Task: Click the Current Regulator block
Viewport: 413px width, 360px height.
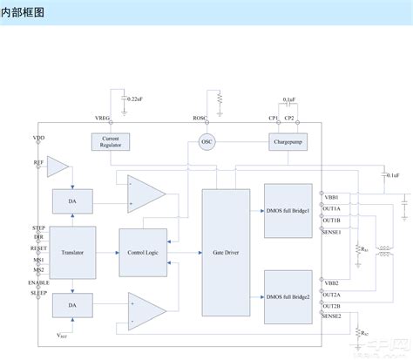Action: pyautogui.click(x=111, y=142)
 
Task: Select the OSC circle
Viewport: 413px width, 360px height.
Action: pyautogui.click(x=206, y=141)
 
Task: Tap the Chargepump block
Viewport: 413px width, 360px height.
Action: pyautogui.click(x=288, y=141)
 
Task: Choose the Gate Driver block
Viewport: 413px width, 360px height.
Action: pyautogui.click(x=225, y=251)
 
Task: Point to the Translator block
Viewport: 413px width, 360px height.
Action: pyautogui.click(x=71, y=251)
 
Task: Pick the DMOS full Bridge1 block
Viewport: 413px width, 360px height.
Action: pyautogui.click(x=288, y=211)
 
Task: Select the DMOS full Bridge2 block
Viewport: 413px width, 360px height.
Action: pyautogui.click(x=288, y=296)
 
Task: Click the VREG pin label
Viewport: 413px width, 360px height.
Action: pyautogui.click(x=103, y=118)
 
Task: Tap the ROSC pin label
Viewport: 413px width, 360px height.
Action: pyautogui.click(x=200, y=118)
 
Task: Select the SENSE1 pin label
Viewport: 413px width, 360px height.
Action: pyautogui.click(x=331, y=231)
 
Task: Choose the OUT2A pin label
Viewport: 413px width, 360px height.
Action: pyautogui.click(x=331, y=295)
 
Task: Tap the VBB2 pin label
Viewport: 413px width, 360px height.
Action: pyautogui.click(x=331, y=283)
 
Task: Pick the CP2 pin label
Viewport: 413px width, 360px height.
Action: pyautogui.click(x=290, y=118)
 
